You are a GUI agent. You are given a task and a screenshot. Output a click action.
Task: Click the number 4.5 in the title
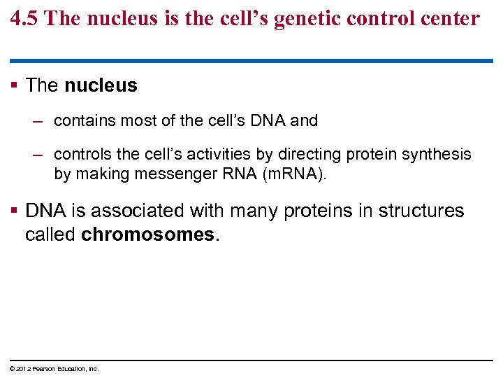click(x=25, y=18)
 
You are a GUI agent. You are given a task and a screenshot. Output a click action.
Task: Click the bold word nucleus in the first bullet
click(x=101, y=86)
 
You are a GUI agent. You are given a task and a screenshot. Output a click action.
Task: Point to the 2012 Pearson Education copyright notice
click(x=54, y=368)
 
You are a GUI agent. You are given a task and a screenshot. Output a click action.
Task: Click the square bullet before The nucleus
click(x=15, y=86)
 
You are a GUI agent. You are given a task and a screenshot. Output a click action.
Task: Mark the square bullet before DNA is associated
click(x=15, y=211)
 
